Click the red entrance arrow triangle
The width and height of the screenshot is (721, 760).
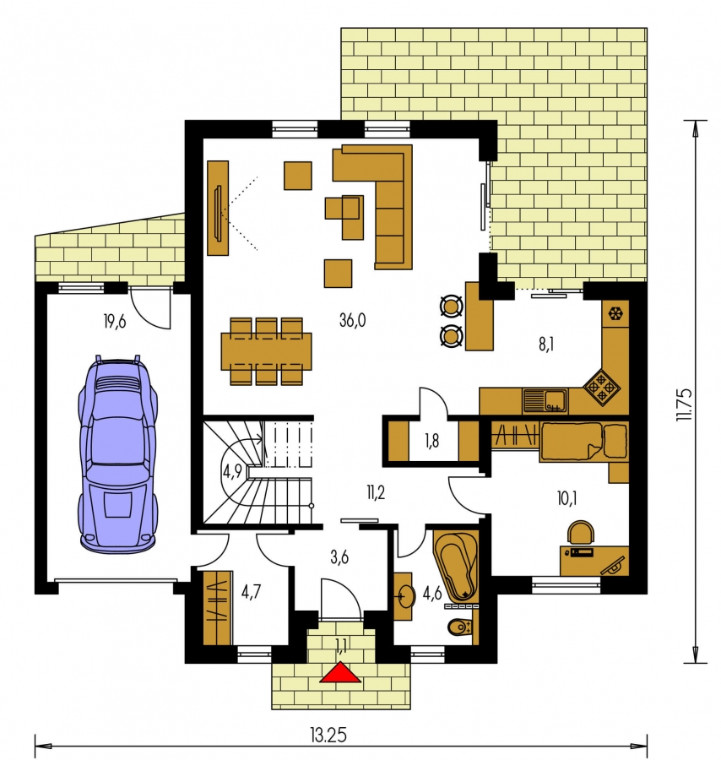pyautogui.click(x=340, y=672)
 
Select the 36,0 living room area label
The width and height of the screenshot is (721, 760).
pyautogui.click(x=353, y=320)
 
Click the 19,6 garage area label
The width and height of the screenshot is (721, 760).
pyautogui.click(x=115, y=321)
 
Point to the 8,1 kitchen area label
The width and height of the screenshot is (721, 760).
pyautogui.click(x=546, y=345)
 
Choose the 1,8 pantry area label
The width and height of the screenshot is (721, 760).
pyautogui.click(x=431, y=441)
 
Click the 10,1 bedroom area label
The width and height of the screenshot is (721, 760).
pyautogui.click(x=566, y=498)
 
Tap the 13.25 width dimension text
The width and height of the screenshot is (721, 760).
pyautogui.click(x=328, y=736)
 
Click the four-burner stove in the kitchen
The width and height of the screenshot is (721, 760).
pyautogui.click(x=602, y=388)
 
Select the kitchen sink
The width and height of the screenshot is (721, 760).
pyautogui.click(x=545, y=401)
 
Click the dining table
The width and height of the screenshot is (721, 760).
pyautogui.click(x=267, y=351)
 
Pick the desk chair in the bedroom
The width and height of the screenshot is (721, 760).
pyautogui.click(x=581, y=532)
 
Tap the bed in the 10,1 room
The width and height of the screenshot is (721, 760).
pyautogui.click(x=584, y=441)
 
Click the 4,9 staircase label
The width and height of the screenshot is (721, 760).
pyautogui.click(x=232, y=471)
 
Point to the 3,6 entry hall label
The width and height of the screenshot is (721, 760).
pyautogui.click(x=339, y=557)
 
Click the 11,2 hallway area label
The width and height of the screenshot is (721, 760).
pyautogui.click(x=376, y=493)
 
